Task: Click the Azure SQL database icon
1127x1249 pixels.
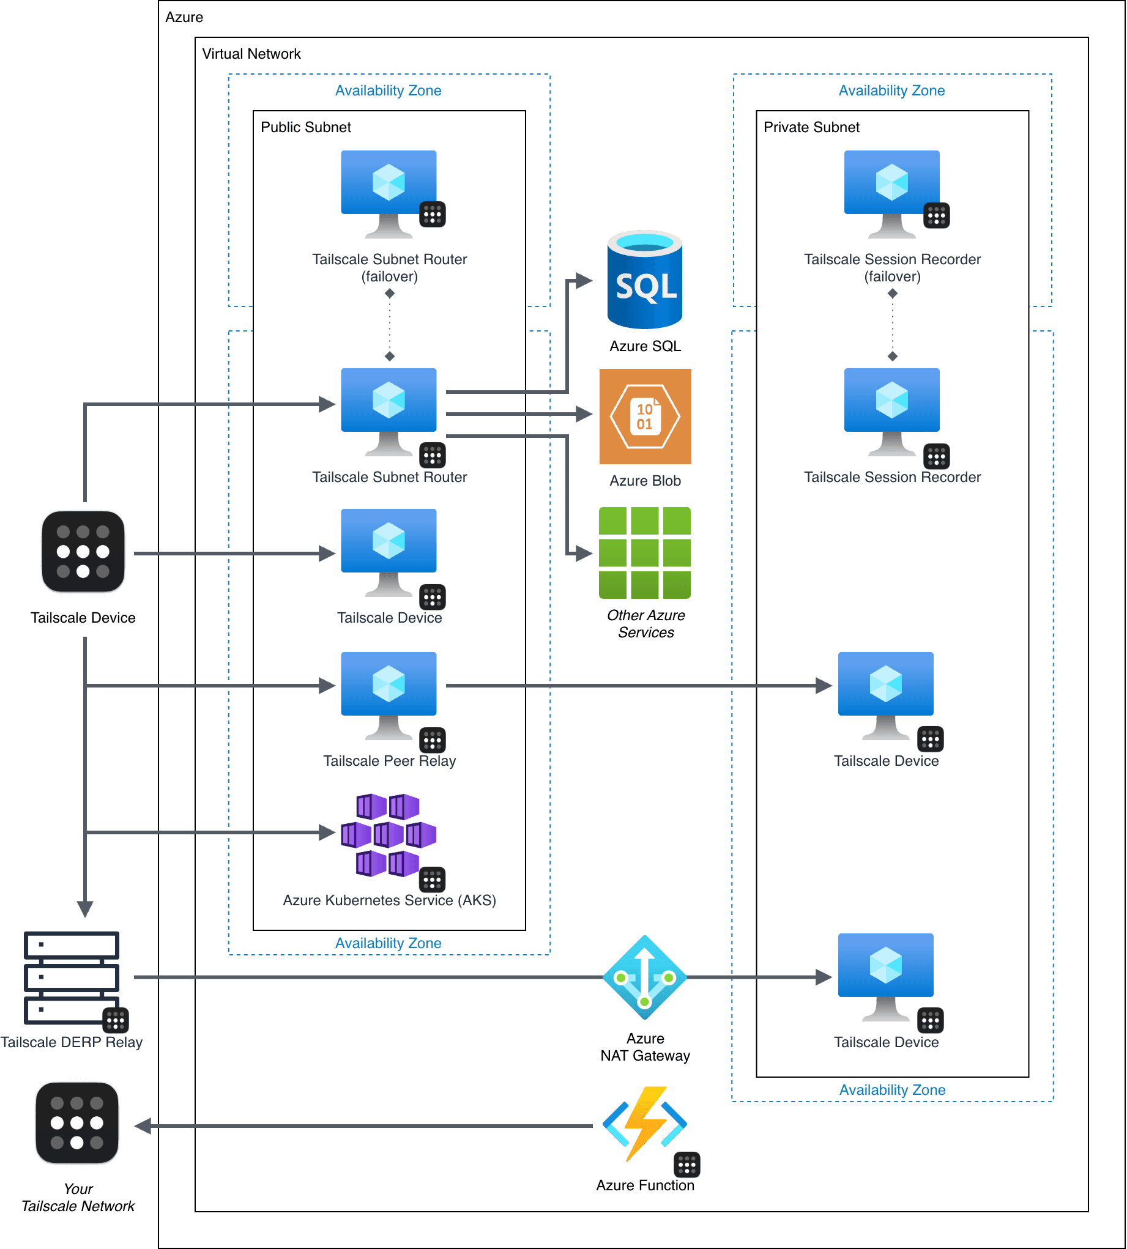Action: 645,280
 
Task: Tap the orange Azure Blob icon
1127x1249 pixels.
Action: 645,417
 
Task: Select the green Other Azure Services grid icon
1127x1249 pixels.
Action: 645,553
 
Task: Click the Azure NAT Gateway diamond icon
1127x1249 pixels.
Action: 645,977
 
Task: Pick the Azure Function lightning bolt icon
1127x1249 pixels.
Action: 645,1124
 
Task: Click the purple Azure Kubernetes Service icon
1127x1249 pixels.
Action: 389,835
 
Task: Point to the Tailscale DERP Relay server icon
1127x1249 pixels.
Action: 72,977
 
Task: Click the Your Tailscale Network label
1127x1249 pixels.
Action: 78,1198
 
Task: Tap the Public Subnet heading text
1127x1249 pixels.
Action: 305,127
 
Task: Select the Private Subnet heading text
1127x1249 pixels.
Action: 811,127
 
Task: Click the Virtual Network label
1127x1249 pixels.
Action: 251,54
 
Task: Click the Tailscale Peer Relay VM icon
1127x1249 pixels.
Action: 389,694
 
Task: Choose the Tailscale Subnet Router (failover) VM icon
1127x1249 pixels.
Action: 389,193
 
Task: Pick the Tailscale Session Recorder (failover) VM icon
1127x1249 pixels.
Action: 891,193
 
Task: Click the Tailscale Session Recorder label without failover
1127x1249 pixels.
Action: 891,477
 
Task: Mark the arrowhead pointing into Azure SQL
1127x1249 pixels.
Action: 583,280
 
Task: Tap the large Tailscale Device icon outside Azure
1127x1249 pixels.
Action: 83,552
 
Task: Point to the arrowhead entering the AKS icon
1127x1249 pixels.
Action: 327,832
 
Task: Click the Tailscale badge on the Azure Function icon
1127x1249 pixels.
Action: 686,1165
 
